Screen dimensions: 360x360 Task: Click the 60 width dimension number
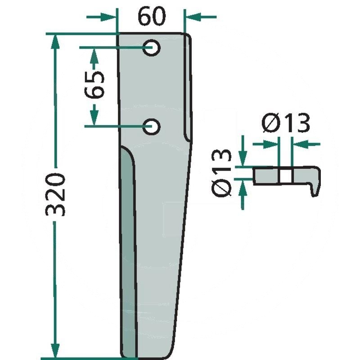click(x=152, y=16)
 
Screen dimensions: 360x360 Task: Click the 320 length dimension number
click(x=55, y=195)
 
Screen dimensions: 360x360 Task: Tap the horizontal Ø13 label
click(x=286, y=123)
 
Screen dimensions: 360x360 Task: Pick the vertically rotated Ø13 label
click(x=221, y=173)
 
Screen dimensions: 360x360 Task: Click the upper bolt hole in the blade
click(x=151, y=48)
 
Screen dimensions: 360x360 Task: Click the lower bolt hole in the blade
click(x=151, y=126)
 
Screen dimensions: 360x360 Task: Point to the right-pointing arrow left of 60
click(x=101, y=17)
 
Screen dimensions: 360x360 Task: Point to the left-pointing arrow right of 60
click(x=200, y=17)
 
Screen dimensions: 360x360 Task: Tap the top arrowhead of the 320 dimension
click(x=55, y=41)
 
